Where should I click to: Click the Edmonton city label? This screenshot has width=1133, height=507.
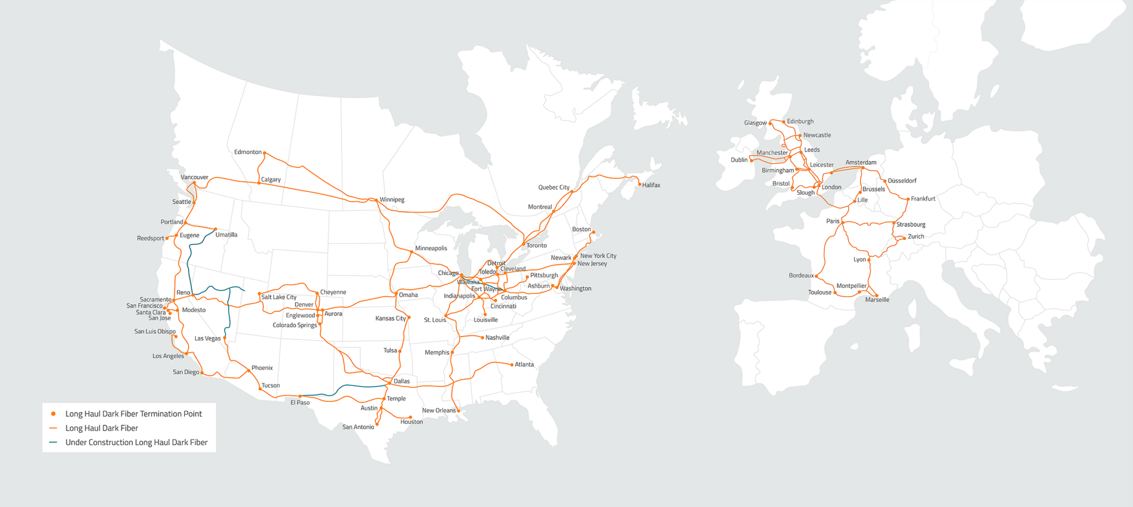coord(247,152)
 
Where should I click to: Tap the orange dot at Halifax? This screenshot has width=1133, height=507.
coord(640,184)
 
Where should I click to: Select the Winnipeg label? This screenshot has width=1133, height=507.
coord(392,200)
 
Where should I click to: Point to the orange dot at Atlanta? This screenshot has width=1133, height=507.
coord(512,364)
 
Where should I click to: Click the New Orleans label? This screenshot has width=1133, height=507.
coord(439,411)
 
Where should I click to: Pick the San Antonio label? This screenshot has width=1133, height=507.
coord(358,427)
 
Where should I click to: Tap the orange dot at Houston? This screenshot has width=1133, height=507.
coord(410,417)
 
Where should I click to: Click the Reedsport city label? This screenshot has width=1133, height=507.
coord(150,239)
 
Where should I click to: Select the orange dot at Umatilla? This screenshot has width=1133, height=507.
coord(216,229)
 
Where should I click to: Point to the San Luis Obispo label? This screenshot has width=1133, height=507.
coord(155,332)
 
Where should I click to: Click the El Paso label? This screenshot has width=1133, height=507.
coord(300,403)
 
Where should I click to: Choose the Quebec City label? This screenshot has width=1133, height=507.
coord(553,188)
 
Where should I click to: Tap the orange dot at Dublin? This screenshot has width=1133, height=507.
coord(751,160)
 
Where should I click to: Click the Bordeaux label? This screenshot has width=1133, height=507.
coord(801,276)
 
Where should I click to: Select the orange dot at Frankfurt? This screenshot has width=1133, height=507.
coord(908,199)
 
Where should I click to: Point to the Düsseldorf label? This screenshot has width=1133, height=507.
coord(902,181)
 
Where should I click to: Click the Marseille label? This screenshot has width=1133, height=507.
coord(877,300)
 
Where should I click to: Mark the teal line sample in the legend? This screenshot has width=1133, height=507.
coord(53,442)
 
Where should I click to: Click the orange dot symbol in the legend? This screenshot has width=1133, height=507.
coord(53,413)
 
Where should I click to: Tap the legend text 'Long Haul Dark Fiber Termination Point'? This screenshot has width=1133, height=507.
coord(133,414)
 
